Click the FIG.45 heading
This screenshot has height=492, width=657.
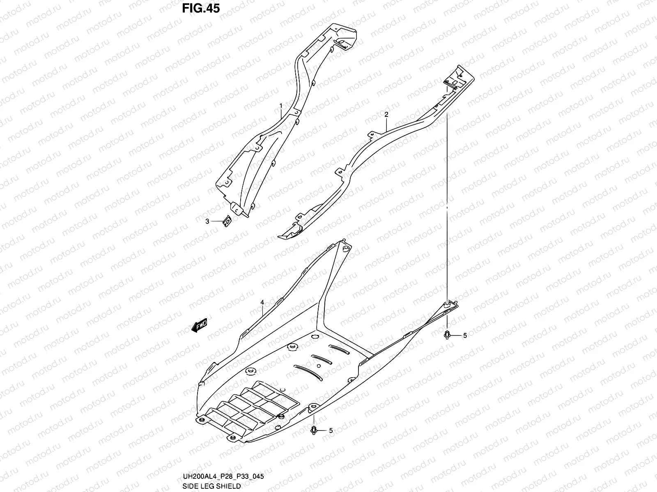202,9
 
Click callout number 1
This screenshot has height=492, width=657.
281,105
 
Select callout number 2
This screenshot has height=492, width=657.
386,115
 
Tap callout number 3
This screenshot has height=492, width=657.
208,221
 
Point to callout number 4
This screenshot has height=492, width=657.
262,302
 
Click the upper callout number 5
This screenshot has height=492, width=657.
465,336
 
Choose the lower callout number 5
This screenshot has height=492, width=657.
331,430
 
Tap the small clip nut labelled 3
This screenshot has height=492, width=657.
226,221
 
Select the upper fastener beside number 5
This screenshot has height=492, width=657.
447,335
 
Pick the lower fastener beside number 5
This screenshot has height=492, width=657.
314,430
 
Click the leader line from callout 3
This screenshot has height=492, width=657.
217,221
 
